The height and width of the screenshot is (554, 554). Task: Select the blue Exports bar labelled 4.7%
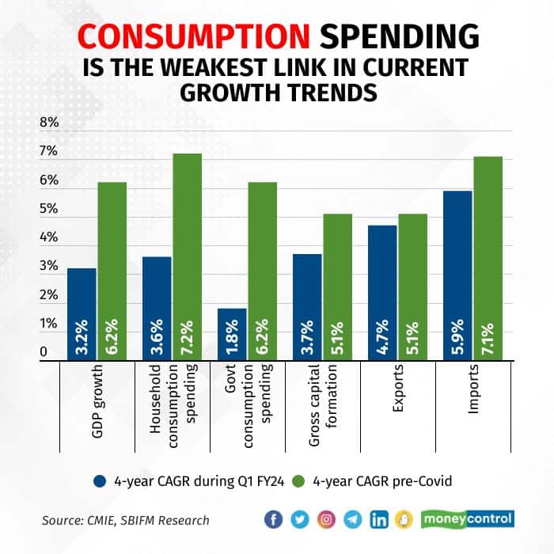[382, 293]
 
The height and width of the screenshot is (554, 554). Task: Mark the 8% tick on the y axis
[50, 123]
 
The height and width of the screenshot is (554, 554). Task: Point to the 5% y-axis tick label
[50, 210]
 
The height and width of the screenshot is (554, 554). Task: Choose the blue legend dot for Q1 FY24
[99, 480]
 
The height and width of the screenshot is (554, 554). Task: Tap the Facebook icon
[274, 519]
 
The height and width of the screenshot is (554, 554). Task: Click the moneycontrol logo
[467, 519]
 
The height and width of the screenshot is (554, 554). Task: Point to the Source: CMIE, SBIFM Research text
[126, 520]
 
